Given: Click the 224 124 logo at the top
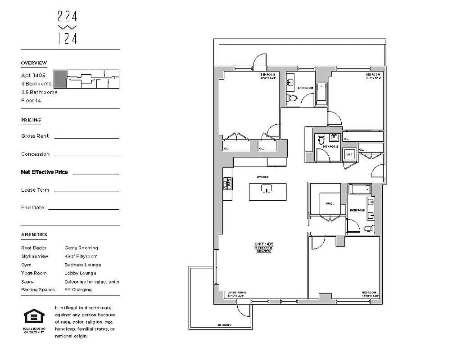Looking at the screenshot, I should click(x=68, y=27).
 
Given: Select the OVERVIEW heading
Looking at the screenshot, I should click(x=34, y=63).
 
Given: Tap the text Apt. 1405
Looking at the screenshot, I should click(x=33, y=76).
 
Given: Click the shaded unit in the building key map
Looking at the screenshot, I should click(x=60, y=79).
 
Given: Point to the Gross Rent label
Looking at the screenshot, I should click(x=35, y=136).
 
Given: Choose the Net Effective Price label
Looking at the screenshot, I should click(x=45, y=172).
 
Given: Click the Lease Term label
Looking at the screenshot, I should click(x=35, y=190).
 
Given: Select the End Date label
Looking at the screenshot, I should click(x=32, y=208).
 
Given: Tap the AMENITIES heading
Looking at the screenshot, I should click(x=34, y=234).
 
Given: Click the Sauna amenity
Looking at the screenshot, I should click(x=27, y=282).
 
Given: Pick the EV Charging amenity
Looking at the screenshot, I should click(x=78, y=290).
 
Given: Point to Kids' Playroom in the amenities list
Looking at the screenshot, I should click(x=81, y=256).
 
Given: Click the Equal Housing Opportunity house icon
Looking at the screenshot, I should click(x=34, y=317).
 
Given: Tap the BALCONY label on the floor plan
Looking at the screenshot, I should click(x=225, y=325).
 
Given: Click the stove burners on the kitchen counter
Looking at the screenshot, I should click(x=228, y=184).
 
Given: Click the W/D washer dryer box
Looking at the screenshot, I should click(x=349, y=155).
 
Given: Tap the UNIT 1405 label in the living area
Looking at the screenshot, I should click(x=264, y=244).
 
